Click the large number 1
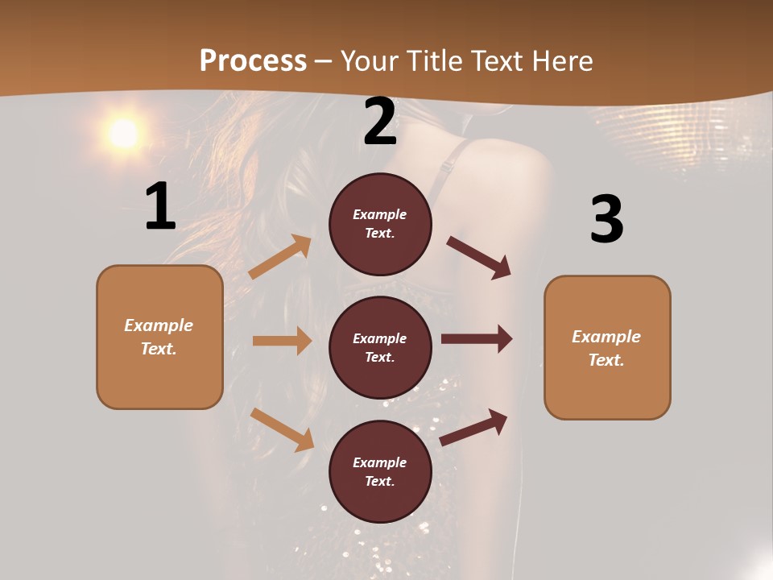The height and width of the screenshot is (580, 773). tap(160, 207)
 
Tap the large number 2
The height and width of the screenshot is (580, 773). tap(380, 122)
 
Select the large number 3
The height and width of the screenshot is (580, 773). tap(606, 219)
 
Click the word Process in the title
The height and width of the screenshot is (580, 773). tap(253, 60)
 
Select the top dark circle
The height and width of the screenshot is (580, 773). tap(380, 224)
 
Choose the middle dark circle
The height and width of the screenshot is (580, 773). tap(380, 347)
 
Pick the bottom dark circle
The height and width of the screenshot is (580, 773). tap(380, 471)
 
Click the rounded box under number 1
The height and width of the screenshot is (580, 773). tap(159, 337)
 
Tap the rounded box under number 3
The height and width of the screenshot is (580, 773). tap(607, 347)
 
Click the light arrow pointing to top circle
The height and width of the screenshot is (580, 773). tap(280, 257)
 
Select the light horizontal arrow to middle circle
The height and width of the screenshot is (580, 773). tap(282, 341)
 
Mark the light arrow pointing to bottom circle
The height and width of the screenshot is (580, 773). tap(283, 429)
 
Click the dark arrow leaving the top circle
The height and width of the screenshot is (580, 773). tap(478, 257)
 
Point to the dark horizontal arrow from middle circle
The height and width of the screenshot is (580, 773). tap(477, 339)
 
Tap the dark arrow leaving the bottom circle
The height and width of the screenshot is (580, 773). tap(473, 427)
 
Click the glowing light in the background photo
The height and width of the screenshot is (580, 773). tap(123, 134)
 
